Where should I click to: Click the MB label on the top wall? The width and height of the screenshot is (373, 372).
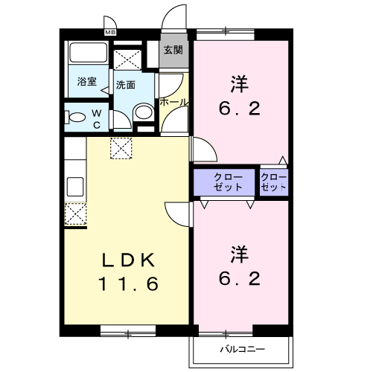pyautogui.click(x=110, y=32)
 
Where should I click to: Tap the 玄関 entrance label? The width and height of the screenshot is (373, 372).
pyautogui.click(x=173, y=51)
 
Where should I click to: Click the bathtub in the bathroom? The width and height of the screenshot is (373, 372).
pyautogui.click(x=87, y=55)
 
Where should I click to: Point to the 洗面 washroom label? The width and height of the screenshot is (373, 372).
pyautogui.click(x=125, y=85)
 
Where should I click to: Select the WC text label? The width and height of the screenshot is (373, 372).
pyautogui.click(x=98, y=119)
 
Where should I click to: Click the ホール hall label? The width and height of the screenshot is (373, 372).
pyautogui.click(x=173, y=102)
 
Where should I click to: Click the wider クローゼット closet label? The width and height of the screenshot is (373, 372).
pyautogui.click(x=226, y=182)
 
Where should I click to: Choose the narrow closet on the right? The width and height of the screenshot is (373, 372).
pyautogui.click(x=274, y=182)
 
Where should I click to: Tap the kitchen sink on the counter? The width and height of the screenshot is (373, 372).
pyautogui.click(x=74, y=185)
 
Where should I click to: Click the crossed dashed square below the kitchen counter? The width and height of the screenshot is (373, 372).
pyautogui.click(x=74, y=214)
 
